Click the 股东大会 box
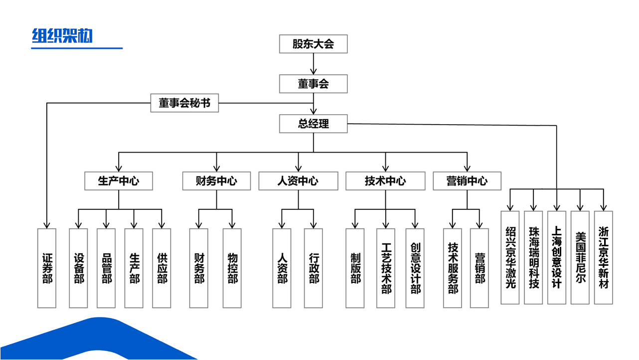coord(313,44)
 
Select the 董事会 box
coord(313,84)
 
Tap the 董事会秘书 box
coord(184,103)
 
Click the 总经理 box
coord(313,123)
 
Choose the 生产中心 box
coord(118,181)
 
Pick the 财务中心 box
coord(216,181)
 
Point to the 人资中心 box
coord(298,181)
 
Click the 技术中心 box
coord(385,181)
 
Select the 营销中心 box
coord(467,181)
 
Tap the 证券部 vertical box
coord(47,268)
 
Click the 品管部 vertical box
coord(106,268)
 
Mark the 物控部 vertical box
coord(232,268)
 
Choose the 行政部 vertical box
coord(314,268)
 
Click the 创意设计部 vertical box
coord(415,268)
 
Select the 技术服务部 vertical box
coord(453,268)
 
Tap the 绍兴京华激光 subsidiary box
coord(510,257)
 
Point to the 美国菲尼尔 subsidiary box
coord(580,257)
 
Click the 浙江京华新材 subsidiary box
coord(604,257)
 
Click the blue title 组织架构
coord(62,36)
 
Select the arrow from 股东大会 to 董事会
coord(313,64)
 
